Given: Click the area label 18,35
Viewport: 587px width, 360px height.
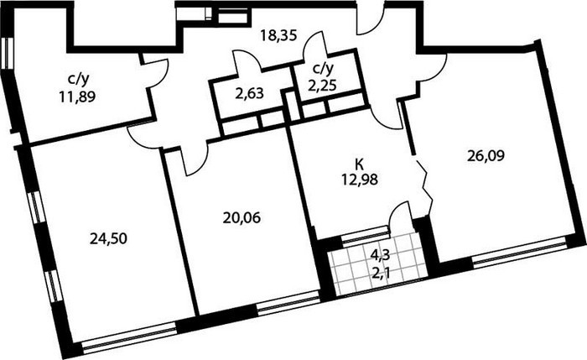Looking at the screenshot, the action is pos(278,36).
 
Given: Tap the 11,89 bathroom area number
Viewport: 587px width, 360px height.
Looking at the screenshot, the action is pos(77,97).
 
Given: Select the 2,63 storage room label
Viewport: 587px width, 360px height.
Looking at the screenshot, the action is pos(249,93).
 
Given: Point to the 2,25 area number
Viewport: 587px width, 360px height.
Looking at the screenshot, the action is pos(323,85).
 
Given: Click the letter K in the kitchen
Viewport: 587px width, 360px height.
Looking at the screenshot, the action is pos(360,164).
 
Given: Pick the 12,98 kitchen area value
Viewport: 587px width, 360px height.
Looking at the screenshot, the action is pos(360,180).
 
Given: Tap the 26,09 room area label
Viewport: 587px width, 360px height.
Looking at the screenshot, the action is pos(486,155).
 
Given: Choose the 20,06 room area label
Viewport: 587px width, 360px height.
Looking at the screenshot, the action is pos(242,217).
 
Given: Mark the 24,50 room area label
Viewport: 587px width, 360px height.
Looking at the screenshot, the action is pos(108,238).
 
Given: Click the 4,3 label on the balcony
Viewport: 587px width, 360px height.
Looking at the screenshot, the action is pos(380,255).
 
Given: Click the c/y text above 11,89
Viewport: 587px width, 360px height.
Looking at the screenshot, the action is pos(78,80).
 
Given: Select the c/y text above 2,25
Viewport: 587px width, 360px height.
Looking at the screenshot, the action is pos(323,68).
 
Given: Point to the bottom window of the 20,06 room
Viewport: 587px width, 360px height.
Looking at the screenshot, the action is pos(288,302).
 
